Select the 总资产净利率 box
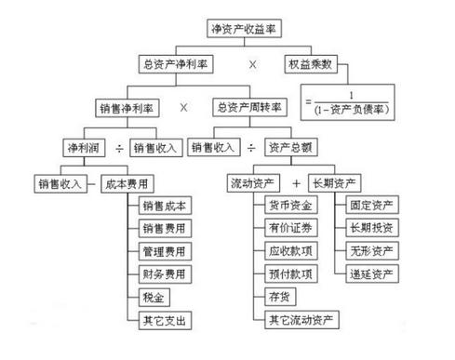click(x=178, y=66)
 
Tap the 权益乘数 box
click(x=311, y=66)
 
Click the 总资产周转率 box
click(x=249, y=107)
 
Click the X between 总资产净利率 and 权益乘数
click(x=251, y=66)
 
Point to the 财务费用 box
click(x=164, y=274)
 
